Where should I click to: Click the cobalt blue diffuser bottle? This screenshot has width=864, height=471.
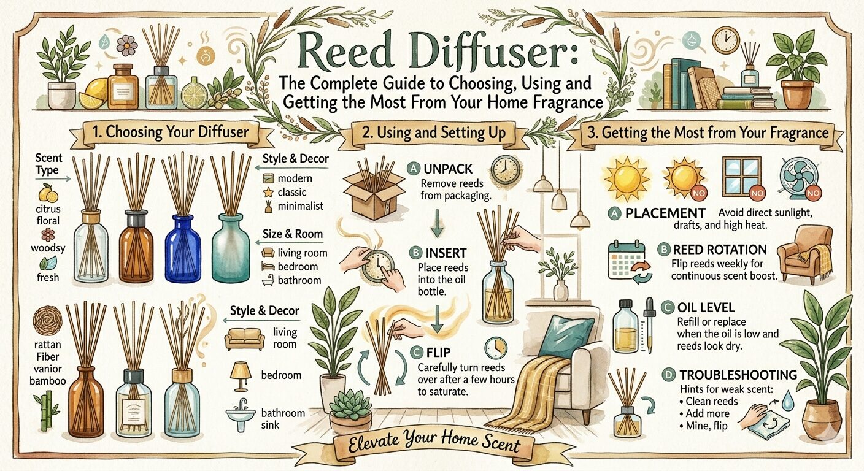(182, 248)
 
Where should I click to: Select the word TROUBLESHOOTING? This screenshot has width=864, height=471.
(738, 374)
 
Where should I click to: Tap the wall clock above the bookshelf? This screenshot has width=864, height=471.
(725, 40)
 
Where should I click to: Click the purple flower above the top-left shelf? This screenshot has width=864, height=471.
(128, 46)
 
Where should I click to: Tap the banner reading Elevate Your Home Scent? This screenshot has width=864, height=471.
(433, 442)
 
